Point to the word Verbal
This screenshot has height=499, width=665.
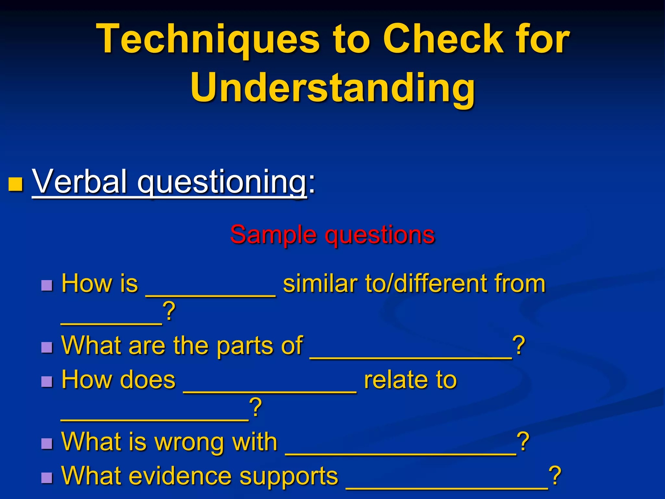click(x=80, y=182)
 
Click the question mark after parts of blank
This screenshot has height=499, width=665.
click(x=519, y=346)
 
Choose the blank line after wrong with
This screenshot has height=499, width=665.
click(x=401, y=454)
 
